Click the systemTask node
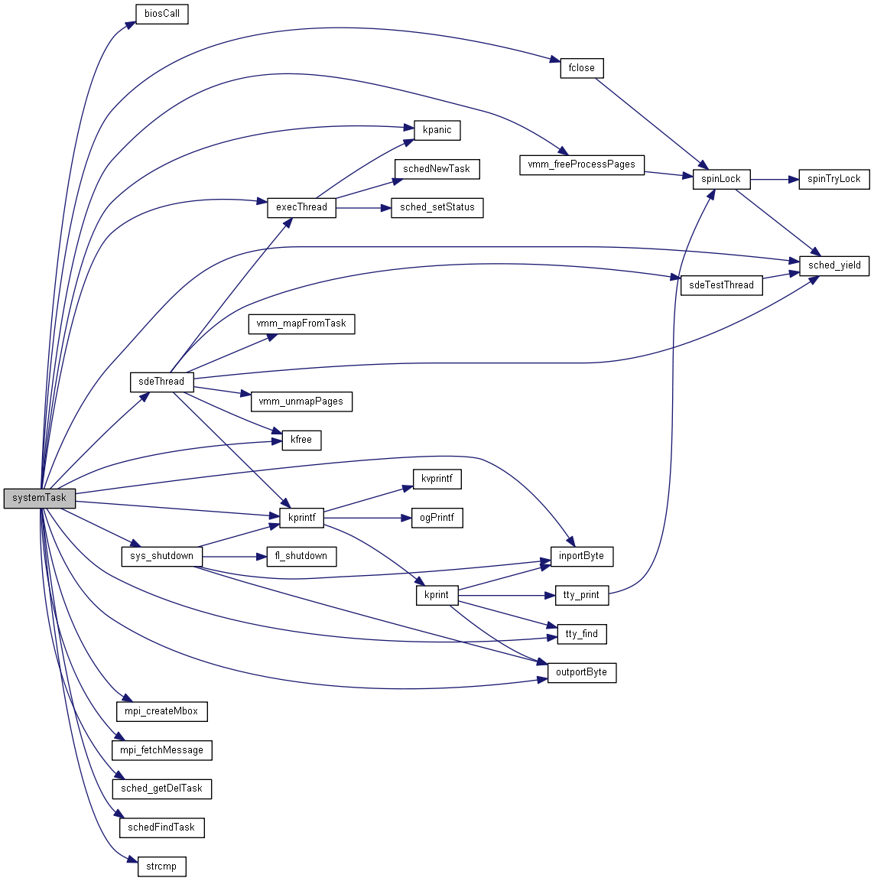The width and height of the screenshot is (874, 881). click(40, 498)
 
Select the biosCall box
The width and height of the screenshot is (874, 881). click(161, 14)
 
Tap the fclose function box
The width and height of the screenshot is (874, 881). click(582, 68)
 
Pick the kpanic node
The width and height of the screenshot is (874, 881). click(437, 130)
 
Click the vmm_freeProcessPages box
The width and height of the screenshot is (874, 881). click(582, 164)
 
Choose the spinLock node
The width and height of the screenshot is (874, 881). click(721, 179)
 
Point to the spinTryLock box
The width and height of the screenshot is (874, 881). click(833, 179)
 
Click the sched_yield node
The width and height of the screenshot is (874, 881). click(834, 265)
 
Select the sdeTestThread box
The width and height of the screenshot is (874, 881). click(721, 285)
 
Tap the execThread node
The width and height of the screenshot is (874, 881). click(301, 207)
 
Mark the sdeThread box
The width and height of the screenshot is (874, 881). click(161, 382)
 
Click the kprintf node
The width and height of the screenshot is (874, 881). click(301, 518)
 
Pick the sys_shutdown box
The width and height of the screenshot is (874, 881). click(161, 556)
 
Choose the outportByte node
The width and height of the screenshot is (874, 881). click(582, 673)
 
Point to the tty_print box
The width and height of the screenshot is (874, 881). click(581, 595)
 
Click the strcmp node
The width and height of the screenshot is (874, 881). click(161, 866)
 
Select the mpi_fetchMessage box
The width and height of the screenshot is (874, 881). click(161, 750)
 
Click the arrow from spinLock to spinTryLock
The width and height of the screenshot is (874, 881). click(774, 180)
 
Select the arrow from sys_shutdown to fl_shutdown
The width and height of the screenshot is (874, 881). click(233, 556)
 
